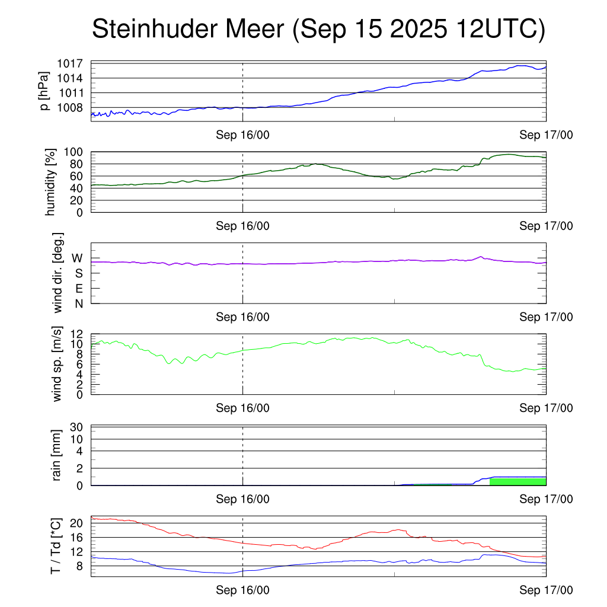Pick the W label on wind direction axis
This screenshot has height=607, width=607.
tap(77, 258)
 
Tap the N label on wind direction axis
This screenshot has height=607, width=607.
tap(78, 303)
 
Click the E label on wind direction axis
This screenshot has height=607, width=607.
tap(78, 289)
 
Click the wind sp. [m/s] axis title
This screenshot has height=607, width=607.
tap(57, 365)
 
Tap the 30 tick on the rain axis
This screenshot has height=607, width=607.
tap(76, 427)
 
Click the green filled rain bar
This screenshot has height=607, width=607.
tap(517, 481)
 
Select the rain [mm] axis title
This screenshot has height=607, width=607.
tap(57, 455)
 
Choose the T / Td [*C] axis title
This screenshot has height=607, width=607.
tap(56, 546)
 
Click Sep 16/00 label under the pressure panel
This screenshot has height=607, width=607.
tap(242, 135)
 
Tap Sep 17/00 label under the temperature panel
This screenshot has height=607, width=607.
tap(546, 590)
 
